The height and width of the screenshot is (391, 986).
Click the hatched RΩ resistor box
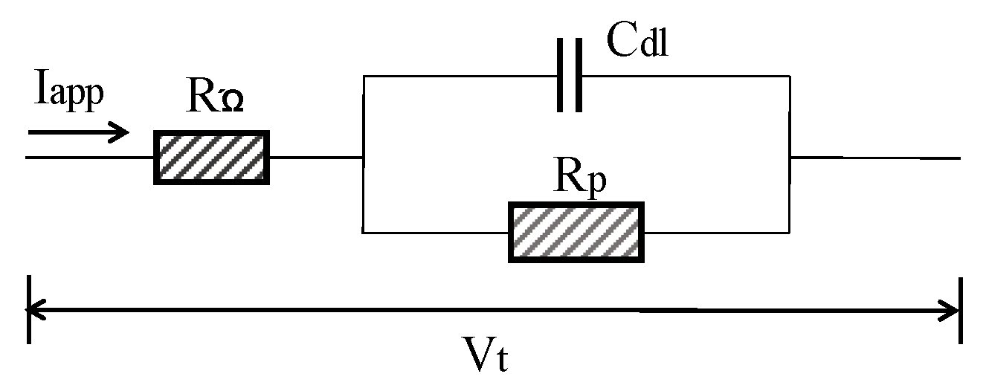click(x=211, y=157)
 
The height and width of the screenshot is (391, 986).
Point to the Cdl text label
click(x=638, y=43)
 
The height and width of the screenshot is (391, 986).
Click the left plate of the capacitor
click(x=560, y=76)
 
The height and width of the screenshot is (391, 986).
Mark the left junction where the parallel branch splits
click(x=362, y=158)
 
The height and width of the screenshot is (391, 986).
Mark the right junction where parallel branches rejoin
click(x=790, y=158)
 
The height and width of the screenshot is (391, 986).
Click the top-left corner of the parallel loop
click(x=362, y=76)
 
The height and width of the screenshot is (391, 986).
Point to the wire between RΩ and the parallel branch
click(x=315, y=158)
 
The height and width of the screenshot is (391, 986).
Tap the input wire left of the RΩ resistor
click(x=89, y=158)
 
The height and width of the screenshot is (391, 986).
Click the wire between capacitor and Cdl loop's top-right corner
click(x=684, y=76)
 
